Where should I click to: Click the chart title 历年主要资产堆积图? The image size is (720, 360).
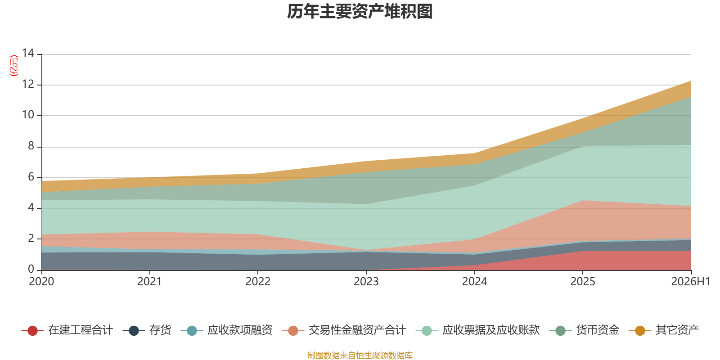tap(360, 12)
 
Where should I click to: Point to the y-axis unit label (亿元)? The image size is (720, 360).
tap(14, 66)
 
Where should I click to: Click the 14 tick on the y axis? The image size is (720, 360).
tap(28, 53)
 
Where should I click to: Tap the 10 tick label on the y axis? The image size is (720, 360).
tap(28, 115)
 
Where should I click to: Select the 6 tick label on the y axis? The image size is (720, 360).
tap(31, 177)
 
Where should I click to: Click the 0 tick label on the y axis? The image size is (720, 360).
tap(31, 269)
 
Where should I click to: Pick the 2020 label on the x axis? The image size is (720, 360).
tap(41, 282)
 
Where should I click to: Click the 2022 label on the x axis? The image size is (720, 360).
tap(258, 282)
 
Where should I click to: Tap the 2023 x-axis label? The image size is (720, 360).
tap(366, 282)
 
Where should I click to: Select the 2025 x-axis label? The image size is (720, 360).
tap(583, 282)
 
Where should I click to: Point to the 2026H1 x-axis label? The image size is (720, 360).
tap(690, 282)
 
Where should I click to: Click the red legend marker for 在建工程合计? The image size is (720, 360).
tap(32, 330)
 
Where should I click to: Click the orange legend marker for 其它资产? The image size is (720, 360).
tap(640, 330)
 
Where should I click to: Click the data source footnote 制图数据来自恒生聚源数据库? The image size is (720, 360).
tap(360, 355)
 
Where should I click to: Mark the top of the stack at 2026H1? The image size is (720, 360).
tap(691, 81)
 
